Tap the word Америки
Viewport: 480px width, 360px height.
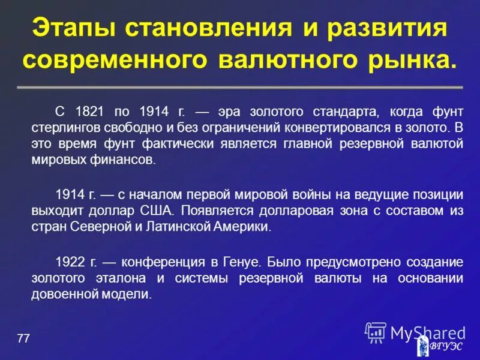244,227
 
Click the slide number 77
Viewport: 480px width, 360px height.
23,339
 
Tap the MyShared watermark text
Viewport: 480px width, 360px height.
427,332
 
